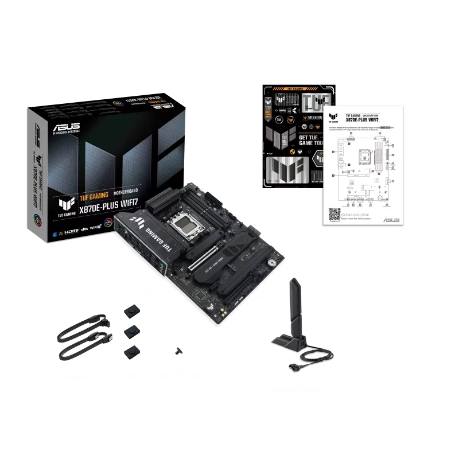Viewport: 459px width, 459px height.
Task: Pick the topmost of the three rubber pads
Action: pos(133,310)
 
